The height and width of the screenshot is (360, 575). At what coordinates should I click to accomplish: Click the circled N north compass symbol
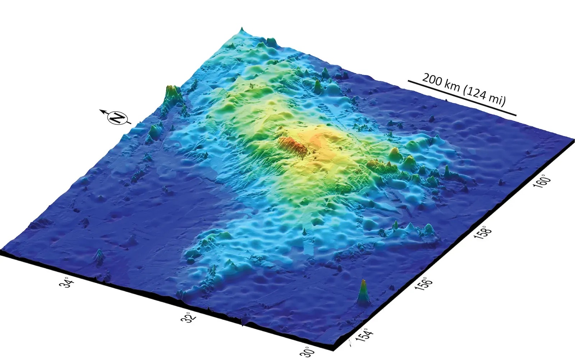point(118,117)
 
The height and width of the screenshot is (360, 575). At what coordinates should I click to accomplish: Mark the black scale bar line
point(462,98)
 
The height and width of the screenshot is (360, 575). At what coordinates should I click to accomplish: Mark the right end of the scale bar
point(516,115)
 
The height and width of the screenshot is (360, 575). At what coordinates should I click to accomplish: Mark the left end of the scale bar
point(408,81)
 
